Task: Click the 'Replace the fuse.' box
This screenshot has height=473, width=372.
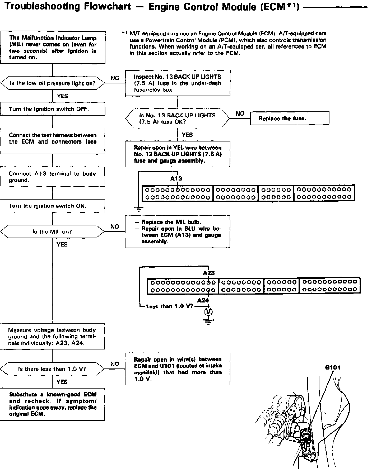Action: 289,118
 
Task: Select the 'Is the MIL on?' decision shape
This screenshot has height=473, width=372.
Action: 52,231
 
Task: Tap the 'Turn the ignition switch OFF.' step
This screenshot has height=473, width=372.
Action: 52,109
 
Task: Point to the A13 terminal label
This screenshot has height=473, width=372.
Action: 176,178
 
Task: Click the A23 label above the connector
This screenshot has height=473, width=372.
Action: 208,273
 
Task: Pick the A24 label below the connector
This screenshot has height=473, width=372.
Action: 203,300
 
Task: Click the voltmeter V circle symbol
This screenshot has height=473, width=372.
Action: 208,312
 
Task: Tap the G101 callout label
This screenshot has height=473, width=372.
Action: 333,367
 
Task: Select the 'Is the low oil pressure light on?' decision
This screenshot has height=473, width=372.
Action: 52,83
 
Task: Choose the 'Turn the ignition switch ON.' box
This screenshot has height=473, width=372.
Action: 52,206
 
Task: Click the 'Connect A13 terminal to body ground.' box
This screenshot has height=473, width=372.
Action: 52,177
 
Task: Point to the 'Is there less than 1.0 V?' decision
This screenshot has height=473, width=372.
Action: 52,369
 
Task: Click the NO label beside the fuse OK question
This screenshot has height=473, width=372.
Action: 240,113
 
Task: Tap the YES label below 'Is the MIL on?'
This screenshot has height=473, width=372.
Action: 62,244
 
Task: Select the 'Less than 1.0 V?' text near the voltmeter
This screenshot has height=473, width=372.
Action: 169,306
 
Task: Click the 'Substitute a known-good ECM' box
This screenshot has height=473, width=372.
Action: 52,404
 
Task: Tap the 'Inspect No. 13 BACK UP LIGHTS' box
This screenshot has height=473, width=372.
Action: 177,83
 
